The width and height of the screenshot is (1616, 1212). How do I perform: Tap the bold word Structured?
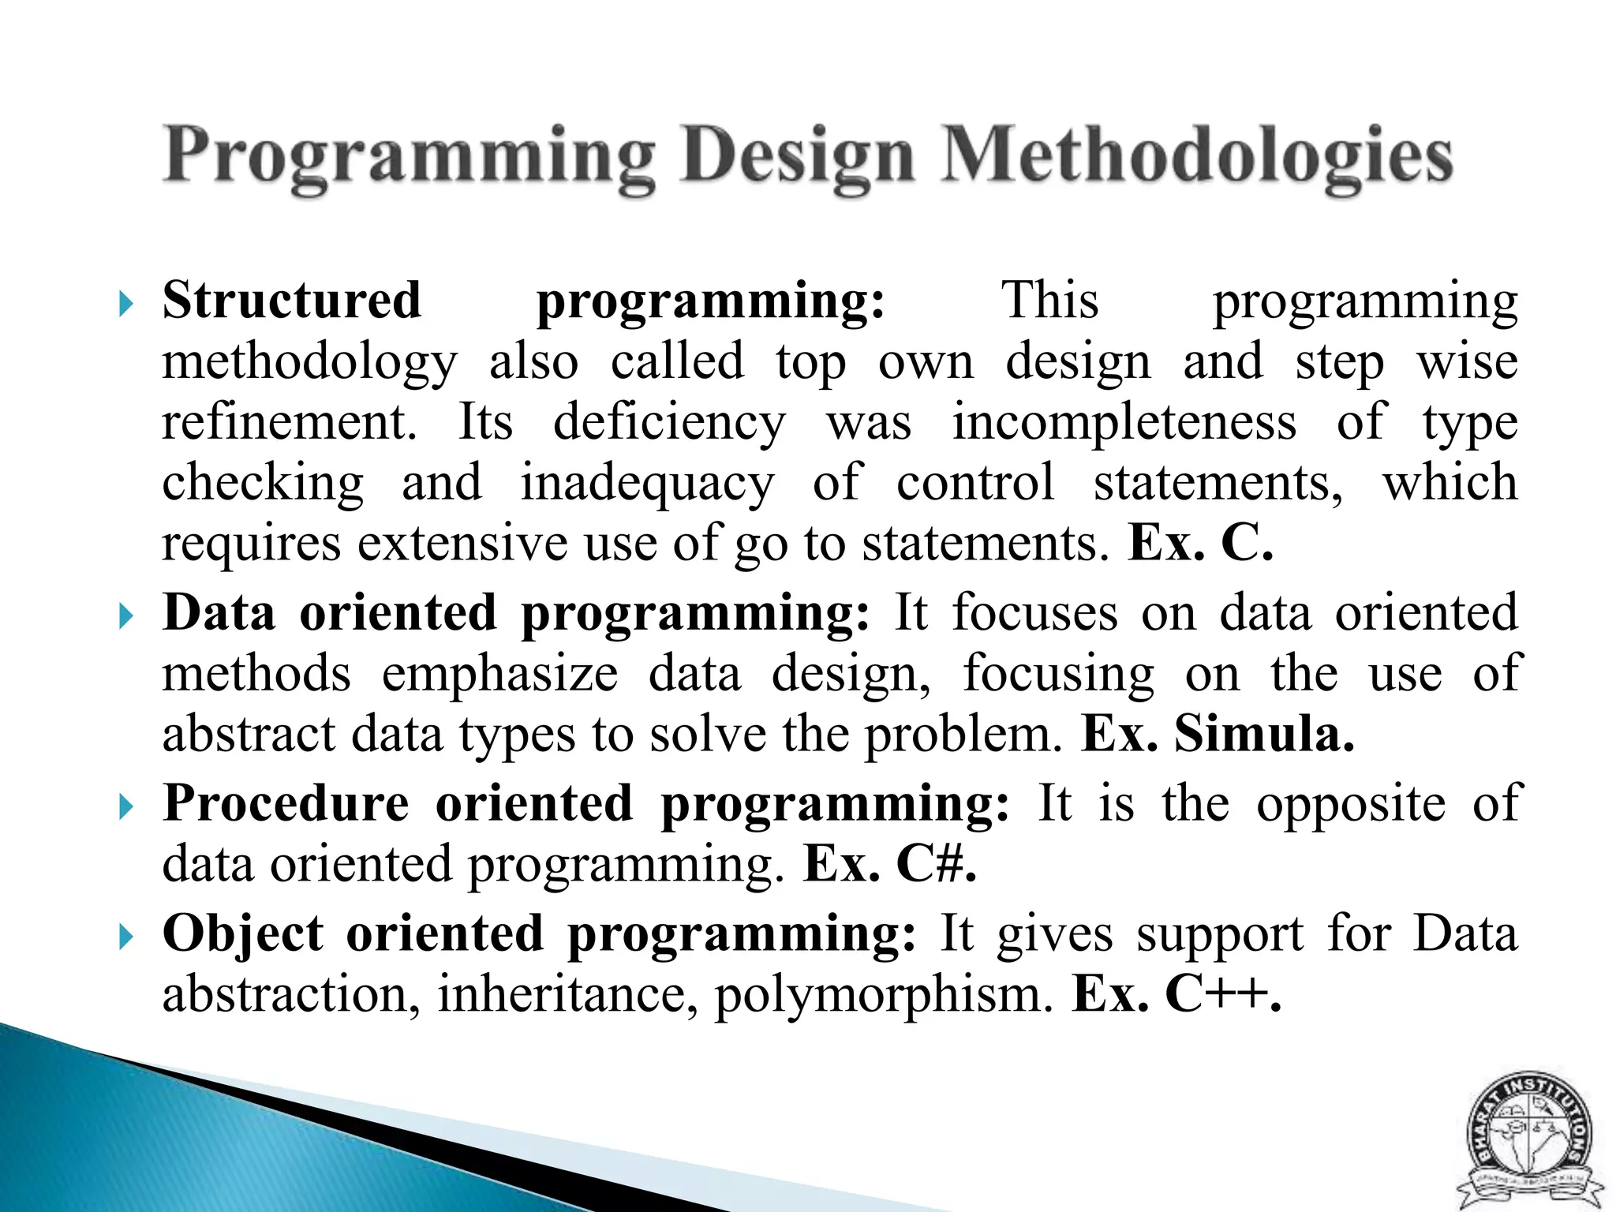292,301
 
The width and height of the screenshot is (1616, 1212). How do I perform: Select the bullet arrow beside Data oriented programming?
125,615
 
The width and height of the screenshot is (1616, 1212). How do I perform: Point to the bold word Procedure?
286,804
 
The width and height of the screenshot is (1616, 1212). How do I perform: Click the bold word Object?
243,933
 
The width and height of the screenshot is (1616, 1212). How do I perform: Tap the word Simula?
1264,734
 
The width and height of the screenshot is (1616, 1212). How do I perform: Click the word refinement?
289,421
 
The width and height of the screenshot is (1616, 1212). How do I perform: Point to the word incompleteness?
1124,421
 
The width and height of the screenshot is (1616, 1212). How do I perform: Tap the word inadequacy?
647,483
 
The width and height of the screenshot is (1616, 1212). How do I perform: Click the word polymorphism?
884,994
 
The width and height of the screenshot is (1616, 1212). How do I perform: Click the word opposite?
1351,805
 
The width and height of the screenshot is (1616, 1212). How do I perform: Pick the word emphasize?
499,675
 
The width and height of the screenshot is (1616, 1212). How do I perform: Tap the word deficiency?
669,422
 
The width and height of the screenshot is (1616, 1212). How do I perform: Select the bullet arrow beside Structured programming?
125,304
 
